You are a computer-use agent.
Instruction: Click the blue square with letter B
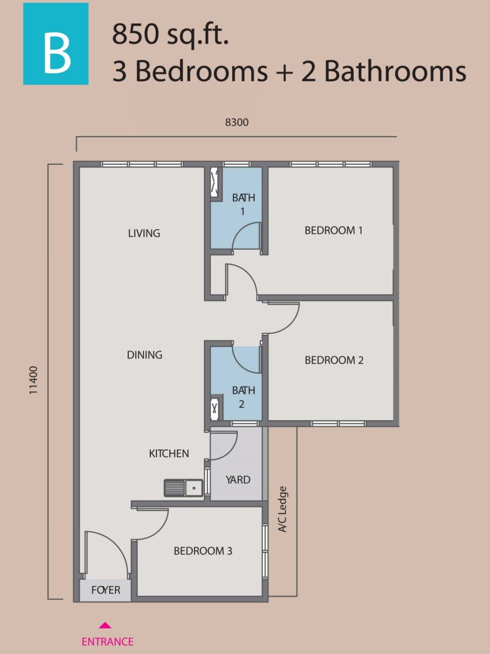click(56, 44)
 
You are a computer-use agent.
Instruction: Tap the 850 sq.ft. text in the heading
click(170, 35)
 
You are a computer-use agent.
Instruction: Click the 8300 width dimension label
click(237, 122)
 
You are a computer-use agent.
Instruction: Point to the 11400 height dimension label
click(34, 380)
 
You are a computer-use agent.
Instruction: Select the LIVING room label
click(144, 233)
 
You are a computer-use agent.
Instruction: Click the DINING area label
click(144, 355)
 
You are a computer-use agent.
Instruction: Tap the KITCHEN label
click(169, 453)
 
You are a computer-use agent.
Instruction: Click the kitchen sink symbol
click(183, 488)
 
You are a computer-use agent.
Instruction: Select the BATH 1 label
click(243, 204)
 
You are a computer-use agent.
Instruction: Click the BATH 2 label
click(243, 397)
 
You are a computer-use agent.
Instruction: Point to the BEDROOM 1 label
click(333, 230)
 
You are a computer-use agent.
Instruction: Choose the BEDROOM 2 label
click(334, 360)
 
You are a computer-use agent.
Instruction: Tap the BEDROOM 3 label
click(203, 551)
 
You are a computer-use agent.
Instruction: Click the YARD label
click(238, 480)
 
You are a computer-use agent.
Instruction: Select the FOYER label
click(106, 590)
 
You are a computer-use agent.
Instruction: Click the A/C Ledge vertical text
click(282, 509)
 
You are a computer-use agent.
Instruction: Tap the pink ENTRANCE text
click(108, 642)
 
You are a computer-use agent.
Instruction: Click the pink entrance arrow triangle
click(105, 625)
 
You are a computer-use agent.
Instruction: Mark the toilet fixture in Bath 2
click(215, 407)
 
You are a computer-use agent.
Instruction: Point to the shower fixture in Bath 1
click(215, 183)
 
